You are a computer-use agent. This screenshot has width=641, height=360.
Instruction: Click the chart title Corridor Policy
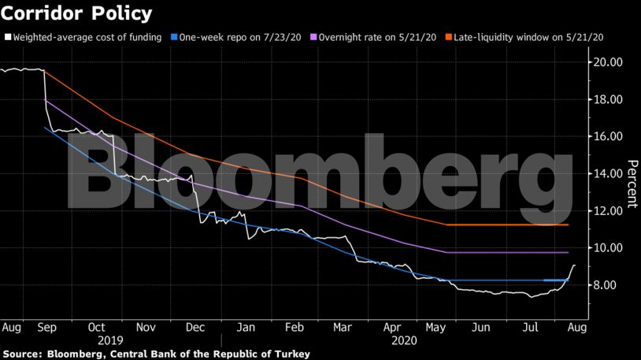point(76,13)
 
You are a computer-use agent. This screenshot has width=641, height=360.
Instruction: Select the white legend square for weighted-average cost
point(7,37)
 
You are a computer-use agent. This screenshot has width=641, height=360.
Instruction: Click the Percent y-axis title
point(631,185)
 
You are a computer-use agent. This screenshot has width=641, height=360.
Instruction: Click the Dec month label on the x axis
point(197,326)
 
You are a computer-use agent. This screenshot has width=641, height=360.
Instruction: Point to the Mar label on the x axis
point(343,326)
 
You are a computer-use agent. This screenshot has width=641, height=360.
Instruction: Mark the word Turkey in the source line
point(291,354)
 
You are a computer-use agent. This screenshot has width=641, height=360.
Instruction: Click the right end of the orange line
point(568,225)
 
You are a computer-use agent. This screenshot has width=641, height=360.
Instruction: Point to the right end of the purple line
point(568,252)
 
